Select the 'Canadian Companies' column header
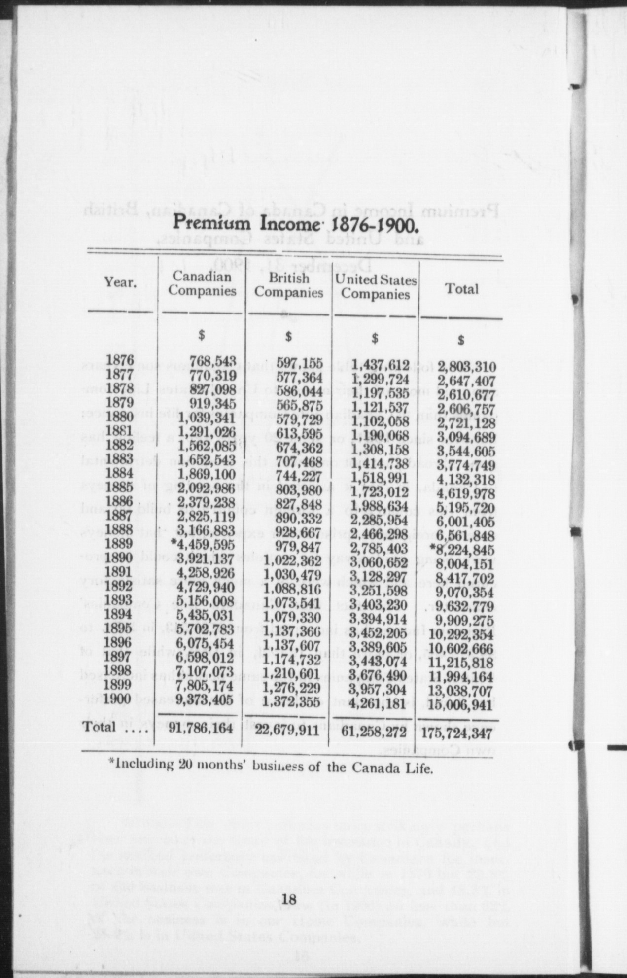202,284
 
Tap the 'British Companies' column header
289,285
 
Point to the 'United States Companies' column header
376,287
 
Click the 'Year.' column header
120,283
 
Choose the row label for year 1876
120,360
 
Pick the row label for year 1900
120,699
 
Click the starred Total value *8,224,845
461,550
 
